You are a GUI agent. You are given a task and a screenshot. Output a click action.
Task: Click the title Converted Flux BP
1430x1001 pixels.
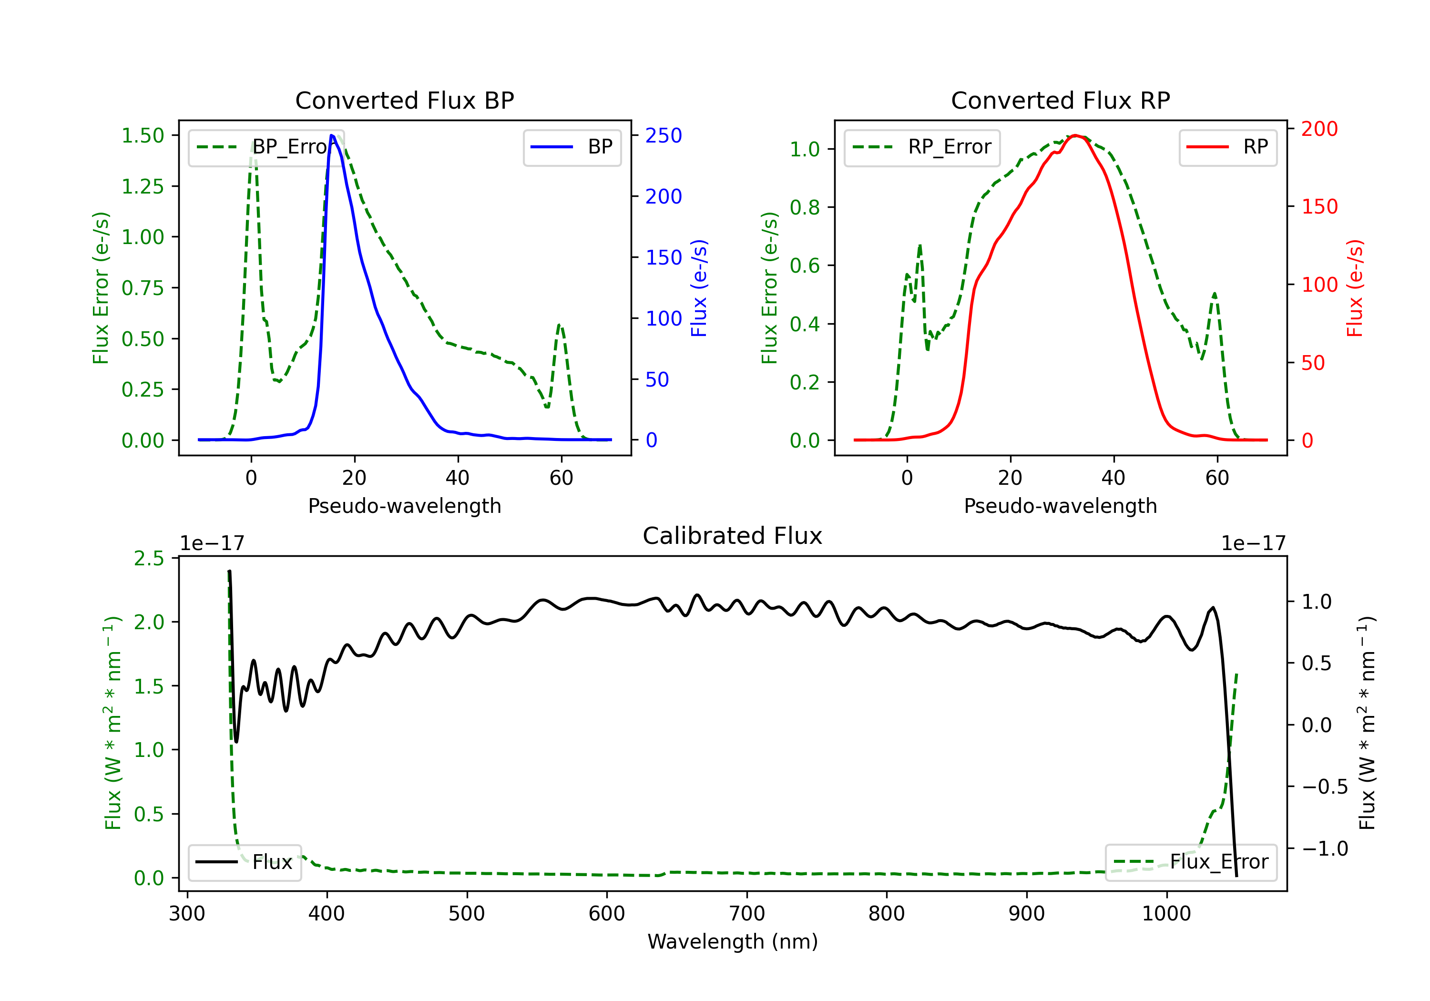click(404, 100)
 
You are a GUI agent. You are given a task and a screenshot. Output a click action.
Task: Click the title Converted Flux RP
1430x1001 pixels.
click(1060, 100)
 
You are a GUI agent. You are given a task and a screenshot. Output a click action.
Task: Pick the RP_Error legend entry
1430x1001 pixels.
click(922, 147)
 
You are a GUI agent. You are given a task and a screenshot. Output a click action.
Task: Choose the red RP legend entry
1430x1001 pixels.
click(1227, 147)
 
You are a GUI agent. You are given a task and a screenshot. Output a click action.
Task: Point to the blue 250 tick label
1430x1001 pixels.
click(664, 135)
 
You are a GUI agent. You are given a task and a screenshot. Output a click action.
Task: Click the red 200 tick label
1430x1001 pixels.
click(1319, 129)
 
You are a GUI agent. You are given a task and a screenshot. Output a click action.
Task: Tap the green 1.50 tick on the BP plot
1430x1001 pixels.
click(143, 135)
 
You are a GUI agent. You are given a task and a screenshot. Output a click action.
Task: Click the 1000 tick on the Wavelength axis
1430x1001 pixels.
click(1166, 913)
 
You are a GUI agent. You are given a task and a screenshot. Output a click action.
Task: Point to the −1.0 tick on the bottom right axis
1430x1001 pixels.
click(1325, 848)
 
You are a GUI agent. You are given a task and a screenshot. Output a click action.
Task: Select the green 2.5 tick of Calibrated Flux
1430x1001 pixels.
click(149, 558)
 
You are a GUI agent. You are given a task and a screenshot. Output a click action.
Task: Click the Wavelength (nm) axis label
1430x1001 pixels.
click(733, 941)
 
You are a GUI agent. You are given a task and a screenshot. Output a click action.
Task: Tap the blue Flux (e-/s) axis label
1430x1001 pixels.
click(699, 288)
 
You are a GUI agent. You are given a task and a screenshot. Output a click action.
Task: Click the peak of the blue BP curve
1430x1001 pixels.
click(332, 135)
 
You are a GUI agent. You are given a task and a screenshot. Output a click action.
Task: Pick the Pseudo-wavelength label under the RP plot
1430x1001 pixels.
click(1060, 506)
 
